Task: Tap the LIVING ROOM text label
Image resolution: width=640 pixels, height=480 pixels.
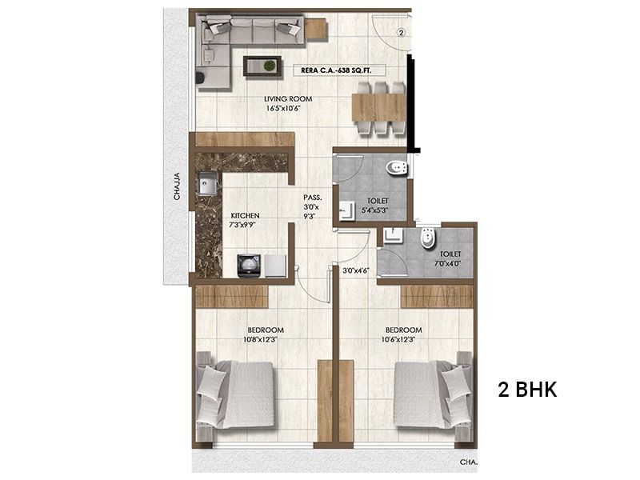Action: pos(288,98)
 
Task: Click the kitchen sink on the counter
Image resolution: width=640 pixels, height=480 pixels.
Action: pos(208,184)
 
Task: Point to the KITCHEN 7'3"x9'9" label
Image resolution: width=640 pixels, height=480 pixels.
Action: pos(245,219)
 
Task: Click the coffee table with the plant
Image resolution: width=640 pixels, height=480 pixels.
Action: pos(262,66)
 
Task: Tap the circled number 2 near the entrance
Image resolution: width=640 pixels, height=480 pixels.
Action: pos(402,33)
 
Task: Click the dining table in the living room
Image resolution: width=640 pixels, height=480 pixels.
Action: pos(378,107)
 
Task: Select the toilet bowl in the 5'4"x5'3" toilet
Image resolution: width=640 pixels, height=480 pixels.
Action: pos(397,169)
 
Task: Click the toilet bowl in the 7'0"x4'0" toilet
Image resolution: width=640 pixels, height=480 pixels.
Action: pos(428,238)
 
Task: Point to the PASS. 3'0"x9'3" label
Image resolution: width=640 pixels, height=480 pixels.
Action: pos(312,207)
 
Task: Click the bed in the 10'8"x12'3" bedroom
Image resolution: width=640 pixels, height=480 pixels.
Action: pos(234,395)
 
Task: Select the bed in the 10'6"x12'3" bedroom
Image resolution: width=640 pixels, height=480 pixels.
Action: pos(434,395)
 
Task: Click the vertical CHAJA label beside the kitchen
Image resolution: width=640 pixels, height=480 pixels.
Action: pos(177,186)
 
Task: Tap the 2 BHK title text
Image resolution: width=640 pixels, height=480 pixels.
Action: pos(527,390)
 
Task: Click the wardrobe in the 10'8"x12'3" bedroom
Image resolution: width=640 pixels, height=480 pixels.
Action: pos(231,296)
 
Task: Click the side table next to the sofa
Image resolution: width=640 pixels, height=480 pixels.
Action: pos(316,29)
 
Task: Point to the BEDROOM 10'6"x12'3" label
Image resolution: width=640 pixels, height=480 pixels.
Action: pos(404,334)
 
